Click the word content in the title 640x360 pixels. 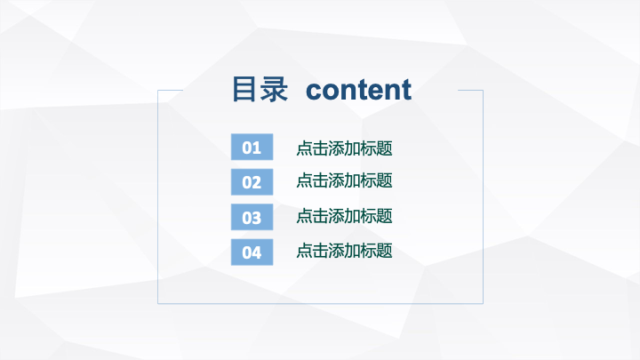tap(358, 90)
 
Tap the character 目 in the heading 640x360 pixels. tap(244, 89)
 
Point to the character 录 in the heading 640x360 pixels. tap(275, 89)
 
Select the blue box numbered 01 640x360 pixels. tap(252, 147)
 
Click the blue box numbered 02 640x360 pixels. tap(252, 182)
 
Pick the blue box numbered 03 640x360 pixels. tap(252, 217)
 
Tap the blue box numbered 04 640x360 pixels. tap(252, 252)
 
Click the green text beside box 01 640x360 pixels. tap(344, 148)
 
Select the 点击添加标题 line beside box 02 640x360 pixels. tap(344, 180)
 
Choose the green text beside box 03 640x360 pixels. tap(344, 216)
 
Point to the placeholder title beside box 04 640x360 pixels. tap(344, 251)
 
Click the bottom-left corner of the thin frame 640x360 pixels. tap(158, 304)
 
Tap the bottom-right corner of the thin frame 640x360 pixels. tap(484, 304)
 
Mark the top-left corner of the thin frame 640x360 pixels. tap(158, 90)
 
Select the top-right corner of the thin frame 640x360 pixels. tap(484, 90)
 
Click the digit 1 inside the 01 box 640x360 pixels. tap(257, 148)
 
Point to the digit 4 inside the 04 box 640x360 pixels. tap(256, 253)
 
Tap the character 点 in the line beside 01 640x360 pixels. tap(304, 148)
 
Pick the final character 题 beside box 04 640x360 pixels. tap(385, 251)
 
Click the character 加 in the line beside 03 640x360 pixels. tap(352, 216)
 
